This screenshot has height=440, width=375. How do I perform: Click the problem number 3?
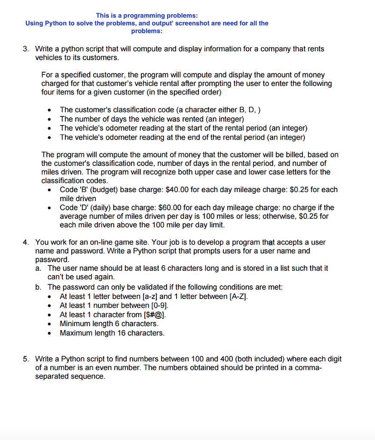coord(25,49)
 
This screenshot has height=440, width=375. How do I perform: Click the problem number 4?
coord(25,242)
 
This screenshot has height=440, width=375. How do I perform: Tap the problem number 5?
coord(25,359)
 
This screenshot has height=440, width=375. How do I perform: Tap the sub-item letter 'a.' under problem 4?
coord(39,268)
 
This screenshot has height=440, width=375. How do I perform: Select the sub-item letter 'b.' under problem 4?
coord(39,287)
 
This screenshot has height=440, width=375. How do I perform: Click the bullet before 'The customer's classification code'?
coord(51,110)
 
